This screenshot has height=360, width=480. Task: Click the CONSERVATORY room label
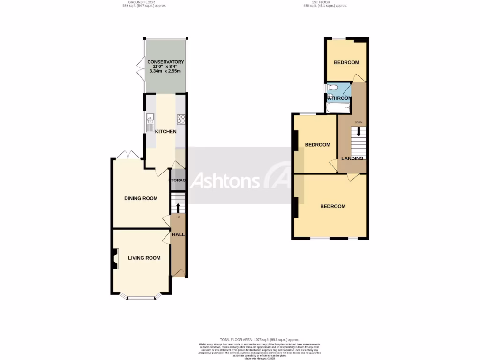165,62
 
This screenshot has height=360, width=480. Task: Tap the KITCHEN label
165,131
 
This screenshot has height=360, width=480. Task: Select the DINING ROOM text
141,198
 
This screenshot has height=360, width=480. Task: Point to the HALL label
178,234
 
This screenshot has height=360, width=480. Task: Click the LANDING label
352,158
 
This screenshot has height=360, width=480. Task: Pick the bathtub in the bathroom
337,108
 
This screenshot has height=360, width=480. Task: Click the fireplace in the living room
115,259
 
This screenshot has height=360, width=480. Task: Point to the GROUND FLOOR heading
132,2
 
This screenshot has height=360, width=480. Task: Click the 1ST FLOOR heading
317,2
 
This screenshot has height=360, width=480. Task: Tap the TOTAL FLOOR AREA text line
259,339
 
